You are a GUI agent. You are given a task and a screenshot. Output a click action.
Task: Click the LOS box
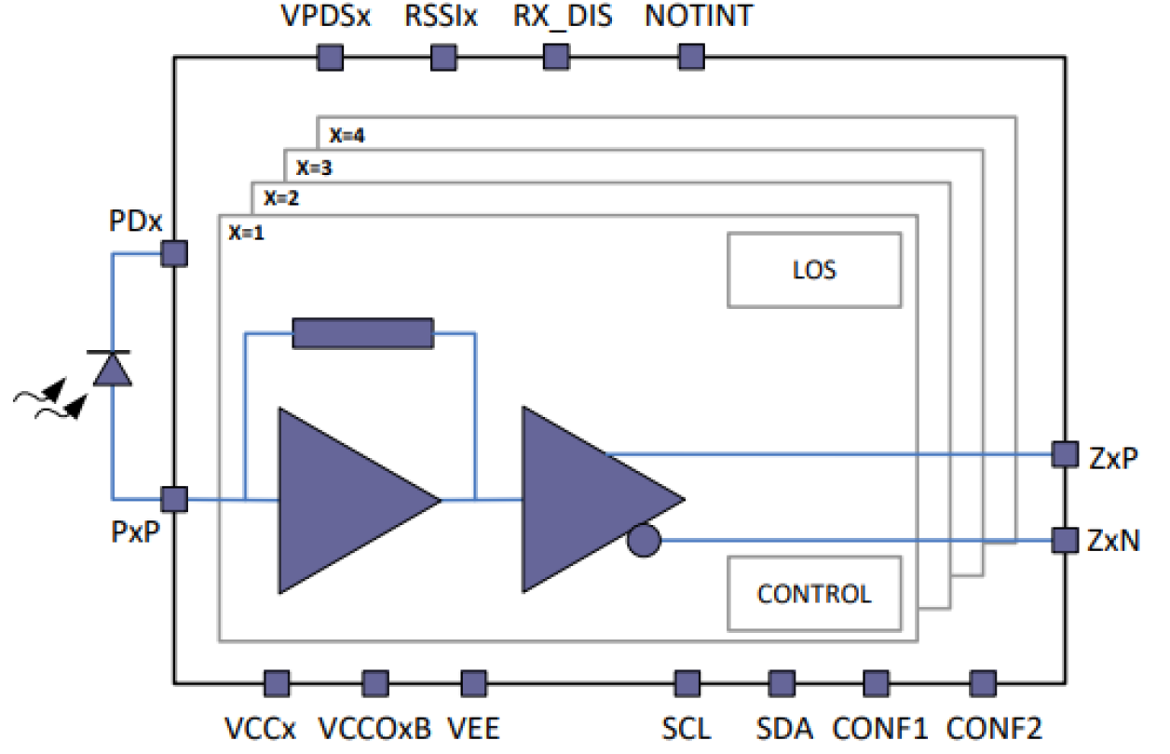pyautogui.click(x=814, y=270)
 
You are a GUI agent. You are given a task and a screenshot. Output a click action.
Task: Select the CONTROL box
pyautogui.click(x=814, y=593)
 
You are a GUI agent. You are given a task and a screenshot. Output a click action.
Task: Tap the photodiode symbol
pyautogui.click(x=114, y=369)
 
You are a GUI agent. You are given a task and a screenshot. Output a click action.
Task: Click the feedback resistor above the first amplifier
pyautogui.click(x=362, y=332)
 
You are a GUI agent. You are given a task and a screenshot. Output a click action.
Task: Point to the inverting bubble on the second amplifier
pyautogui.click(x=644, y=540)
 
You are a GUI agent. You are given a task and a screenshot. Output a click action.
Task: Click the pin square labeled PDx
pyautogui.click(x=174, y=252)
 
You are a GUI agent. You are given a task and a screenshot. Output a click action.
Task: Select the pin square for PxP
pyautogui.click(x=174, y=499)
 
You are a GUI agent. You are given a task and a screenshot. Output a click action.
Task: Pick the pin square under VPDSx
pyautogui.click(x=329, y=59)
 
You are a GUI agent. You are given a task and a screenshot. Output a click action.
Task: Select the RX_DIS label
pyautogui.click(x=564, y=18)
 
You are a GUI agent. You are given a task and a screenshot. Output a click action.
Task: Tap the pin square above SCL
pyautogui.click(x=687, y=683)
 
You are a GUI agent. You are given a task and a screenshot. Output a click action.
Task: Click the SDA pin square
pyautogui.click(x=780, y=683)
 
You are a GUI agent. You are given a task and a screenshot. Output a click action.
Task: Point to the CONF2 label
pyautogui.click(x=994, y=727)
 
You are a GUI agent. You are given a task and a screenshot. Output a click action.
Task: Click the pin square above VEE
pyautogui.click(x=473, y=683)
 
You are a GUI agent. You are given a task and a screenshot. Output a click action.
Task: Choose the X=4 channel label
pyautogui.click(x=347, y=136)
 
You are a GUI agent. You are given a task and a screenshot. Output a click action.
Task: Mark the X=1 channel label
pyautogui.click(x=247, y=233)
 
